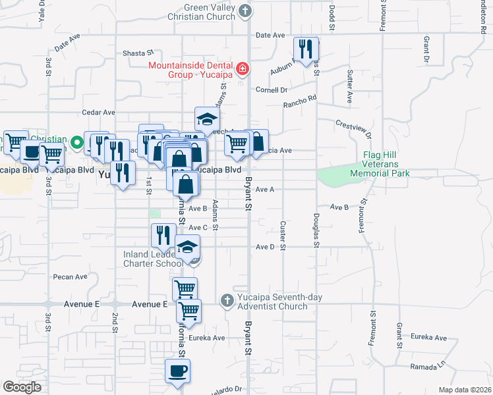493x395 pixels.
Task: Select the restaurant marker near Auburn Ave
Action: (x=306, y=49)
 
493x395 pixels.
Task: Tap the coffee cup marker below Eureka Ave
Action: (x=177, y=371)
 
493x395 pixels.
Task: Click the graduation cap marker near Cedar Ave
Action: (x=207, y=120)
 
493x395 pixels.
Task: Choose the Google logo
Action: (x=22, y=386)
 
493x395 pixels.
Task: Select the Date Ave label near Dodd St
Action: (x=270, y=35)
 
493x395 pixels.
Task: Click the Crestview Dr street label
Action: (x=354, y=128)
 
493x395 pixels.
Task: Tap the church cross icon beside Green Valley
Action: (x=245, y=11)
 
